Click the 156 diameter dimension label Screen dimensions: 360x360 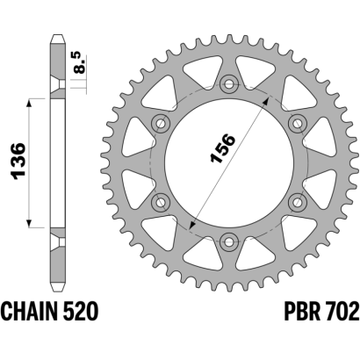click(222, 148)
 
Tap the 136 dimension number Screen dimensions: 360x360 click(18, 161)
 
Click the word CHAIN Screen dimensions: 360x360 click(28, 311)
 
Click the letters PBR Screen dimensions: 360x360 click(302, 311)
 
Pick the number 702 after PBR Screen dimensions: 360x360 click(343, 311)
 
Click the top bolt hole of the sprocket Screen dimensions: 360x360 click(229, 84)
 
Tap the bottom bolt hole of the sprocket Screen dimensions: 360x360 click(229, 241)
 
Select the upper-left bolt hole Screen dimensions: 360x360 click(162, 124)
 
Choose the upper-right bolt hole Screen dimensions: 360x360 click(297, 124)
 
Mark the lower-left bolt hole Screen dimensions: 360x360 click(162, 202)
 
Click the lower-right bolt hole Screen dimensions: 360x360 click(297, 202)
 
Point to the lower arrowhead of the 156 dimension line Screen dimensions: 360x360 click(192, 225)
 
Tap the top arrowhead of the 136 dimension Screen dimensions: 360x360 click(29, 103)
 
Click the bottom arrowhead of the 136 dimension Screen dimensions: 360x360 click(29, 223)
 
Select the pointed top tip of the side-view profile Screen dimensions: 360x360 click(57, 35)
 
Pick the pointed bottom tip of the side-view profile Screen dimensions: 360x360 click(57, 291)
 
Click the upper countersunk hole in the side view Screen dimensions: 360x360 click(58, 84)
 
